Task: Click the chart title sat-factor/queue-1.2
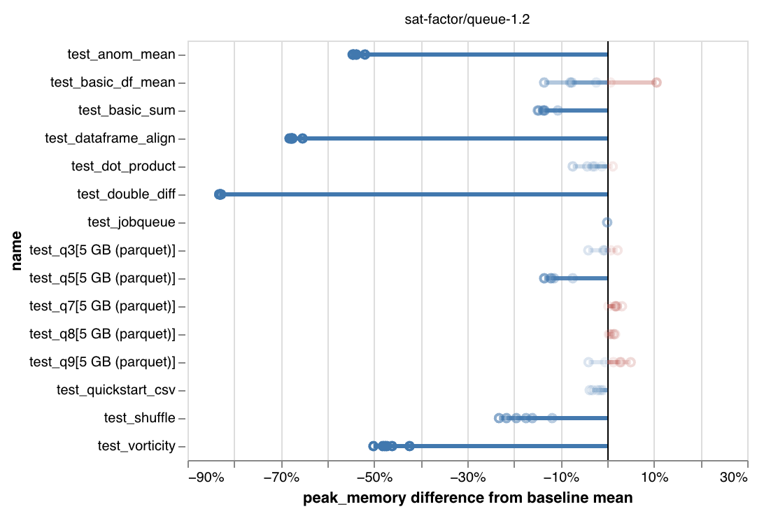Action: pos(467,20)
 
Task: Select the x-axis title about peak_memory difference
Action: pos(467,499)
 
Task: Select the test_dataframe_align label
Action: pos(110,138)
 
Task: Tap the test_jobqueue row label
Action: pos(132,222)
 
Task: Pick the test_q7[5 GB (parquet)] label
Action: pos(102,306)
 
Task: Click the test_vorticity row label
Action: pos(136,446)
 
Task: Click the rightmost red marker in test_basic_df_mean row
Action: pos(656,83)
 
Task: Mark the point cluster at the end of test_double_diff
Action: pos(220,194)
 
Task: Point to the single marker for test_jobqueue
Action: pos(607,222)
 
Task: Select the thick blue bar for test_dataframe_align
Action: pos(455,138)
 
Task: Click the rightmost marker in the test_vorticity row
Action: pos(409,446)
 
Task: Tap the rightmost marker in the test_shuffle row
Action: pos(552,418)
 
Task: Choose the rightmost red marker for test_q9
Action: pos(630,362)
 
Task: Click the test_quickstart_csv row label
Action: pos(116,390)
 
